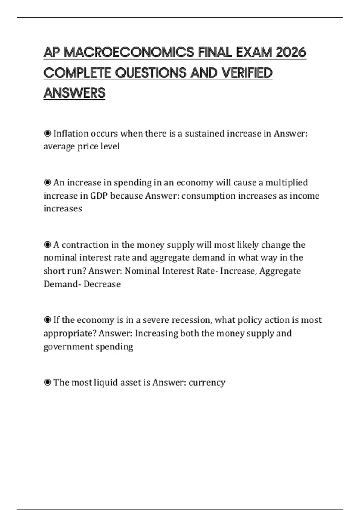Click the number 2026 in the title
(291, 52)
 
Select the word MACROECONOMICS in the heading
(129, 52)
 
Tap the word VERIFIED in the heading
(247, 73)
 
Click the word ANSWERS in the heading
(74, 93)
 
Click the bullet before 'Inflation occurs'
(47, 133)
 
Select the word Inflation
(71, 133)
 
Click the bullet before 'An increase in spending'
(47, 182)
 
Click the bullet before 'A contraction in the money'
(47, 245)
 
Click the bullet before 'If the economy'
(47, 320)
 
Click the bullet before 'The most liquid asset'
(47, 382)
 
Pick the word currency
(207, 382)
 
